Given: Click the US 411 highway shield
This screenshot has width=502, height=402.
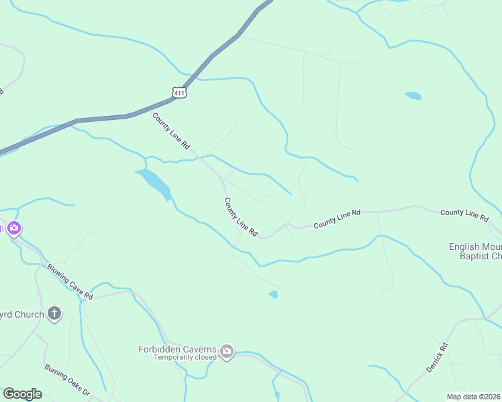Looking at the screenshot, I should [x=179, y=93].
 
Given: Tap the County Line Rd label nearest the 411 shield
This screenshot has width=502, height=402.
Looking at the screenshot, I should [x=171, y=131].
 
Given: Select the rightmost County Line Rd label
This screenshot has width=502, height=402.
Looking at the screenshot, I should [x=464, y=214].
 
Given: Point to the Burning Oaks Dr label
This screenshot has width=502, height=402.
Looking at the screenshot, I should [x=67, y=380].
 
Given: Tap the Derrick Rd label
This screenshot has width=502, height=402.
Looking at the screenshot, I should [x=436, y=358].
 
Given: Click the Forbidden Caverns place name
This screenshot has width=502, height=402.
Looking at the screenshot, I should [x=177, y=349].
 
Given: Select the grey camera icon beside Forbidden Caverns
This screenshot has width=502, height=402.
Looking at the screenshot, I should [x=227, y=351].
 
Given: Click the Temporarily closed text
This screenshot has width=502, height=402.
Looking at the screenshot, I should [x=185, y=358].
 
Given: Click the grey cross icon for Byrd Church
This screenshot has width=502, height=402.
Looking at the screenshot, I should [x=54, y=314].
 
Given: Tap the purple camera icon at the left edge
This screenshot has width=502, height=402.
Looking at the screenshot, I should [x=14, y=229].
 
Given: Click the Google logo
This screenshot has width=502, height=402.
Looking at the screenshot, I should [x=22, y=394].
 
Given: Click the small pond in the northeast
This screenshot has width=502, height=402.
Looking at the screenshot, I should [x=413, y=96].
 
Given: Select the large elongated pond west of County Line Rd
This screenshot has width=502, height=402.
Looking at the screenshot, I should [x=154, y=183].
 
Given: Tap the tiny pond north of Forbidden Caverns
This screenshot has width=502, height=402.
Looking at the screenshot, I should [x=273, y=294].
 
